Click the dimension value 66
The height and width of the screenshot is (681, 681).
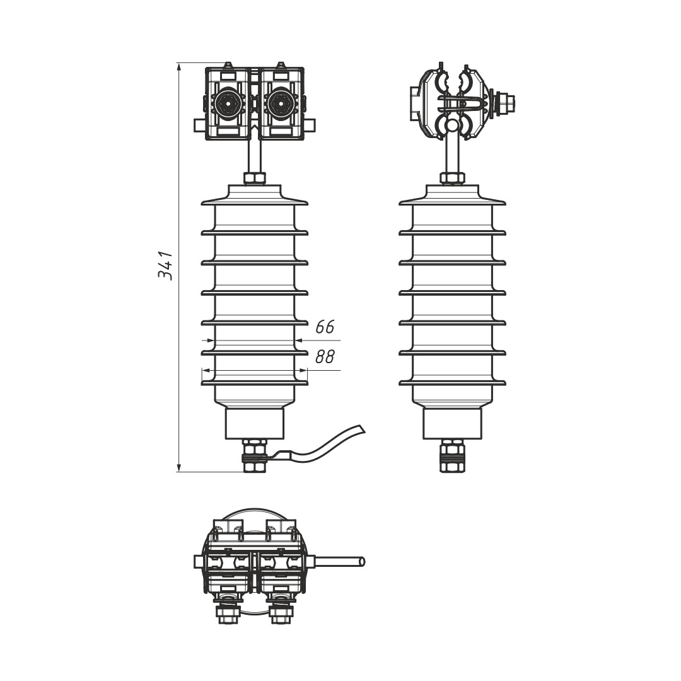[x=325, y=327]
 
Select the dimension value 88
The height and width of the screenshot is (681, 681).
[x=325, y=357]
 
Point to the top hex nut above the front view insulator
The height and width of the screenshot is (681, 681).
[x=255, y=178]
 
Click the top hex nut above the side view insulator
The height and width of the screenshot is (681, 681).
[x=452, y=178]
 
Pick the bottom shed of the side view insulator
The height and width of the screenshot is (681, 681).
[x=452, y=383]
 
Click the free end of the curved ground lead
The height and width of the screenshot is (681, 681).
[x=361, y=429]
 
